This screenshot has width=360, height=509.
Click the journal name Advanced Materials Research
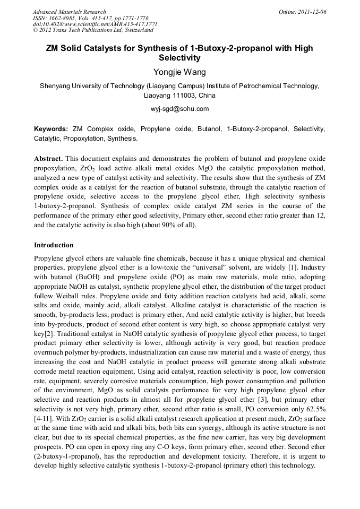(69, 12)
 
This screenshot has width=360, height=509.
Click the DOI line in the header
(95, 24)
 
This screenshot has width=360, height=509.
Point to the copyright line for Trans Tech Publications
(93, 30)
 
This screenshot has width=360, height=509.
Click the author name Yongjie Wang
(179, 72)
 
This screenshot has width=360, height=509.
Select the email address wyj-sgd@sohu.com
(179, 109)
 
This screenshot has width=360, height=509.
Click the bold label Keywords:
(51, 129)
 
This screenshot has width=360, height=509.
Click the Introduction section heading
(54, 245)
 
